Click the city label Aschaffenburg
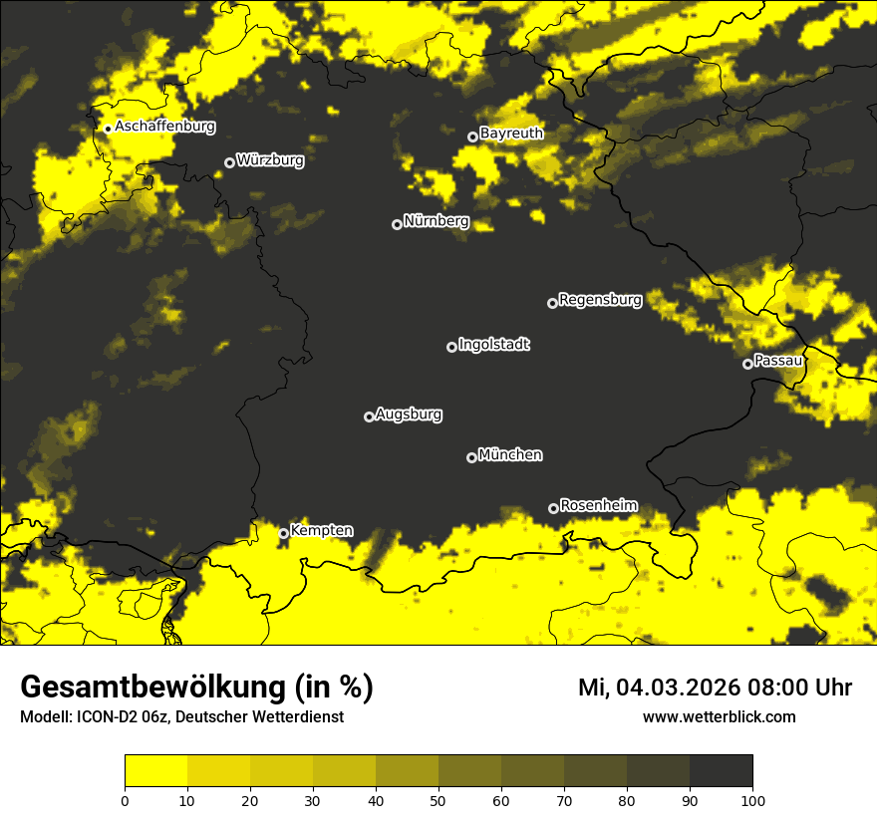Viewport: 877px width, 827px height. [x=164, y=127]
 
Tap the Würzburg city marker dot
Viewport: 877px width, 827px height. [x=229, y=162]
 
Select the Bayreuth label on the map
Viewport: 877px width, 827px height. [x=511, y=133]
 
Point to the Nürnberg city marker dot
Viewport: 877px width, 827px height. [x=397, y=224]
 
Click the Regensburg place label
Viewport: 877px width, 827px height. [x=600, y=299]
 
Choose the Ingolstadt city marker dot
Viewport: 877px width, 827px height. [x=451, y=347]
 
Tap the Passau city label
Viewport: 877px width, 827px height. [x=778, y=360]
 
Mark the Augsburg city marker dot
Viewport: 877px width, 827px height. [x=369, y=416]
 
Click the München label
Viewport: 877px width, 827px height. [x=510, y=454]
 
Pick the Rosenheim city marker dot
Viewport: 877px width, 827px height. [x=553, y=508]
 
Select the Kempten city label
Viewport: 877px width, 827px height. [x=321, y=530]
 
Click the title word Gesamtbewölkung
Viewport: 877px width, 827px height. [x=152, y=688]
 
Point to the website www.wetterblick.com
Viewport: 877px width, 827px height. [x=719, y=716]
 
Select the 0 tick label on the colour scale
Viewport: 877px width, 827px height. [x=125, y=799]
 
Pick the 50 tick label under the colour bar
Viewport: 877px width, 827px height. [x=438, y=799]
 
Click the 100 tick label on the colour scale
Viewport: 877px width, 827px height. [x=752, y=799]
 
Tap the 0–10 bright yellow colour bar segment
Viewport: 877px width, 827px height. [x=155, y=770]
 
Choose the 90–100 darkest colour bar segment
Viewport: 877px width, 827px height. [x=721, y=770]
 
